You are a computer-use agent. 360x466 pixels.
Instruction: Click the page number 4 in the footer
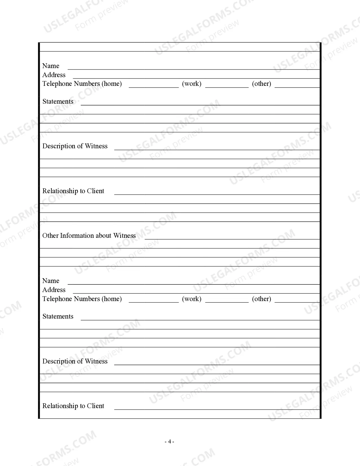point(169,442)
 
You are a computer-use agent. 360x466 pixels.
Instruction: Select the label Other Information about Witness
point(89,236)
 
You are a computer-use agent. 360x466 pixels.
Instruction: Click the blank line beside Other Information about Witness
point(232,237)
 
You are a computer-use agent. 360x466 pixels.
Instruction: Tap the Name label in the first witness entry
point(51,66)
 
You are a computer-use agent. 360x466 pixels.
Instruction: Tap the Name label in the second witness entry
point(51,281)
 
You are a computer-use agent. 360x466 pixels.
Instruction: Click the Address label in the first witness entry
point(54,75)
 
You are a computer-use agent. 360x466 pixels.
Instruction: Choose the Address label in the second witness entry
point(54,290)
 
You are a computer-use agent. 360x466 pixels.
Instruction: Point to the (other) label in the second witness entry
point(261,299)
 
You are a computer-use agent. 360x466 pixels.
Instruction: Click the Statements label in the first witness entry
point(58,101)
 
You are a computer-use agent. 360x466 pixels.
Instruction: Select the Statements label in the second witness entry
point(58,316)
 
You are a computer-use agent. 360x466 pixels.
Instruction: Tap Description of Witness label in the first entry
point(75,146)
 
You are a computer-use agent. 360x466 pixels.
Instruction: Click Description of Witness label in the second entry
point(75,361)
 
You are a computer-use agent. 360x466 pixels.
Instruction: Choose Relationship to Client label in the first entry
point(73,191)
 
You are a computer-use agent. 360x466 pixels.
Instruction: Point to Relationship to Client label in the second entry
point(73,406)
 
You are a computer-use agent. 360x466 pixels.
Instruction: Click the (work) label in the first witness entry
point(192,84)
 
